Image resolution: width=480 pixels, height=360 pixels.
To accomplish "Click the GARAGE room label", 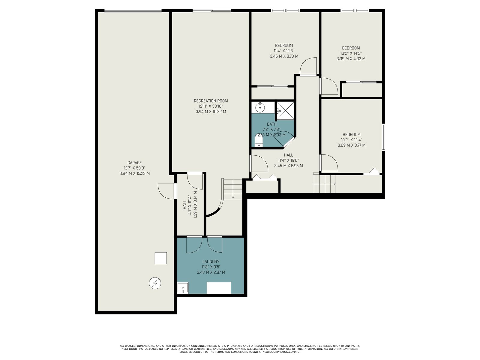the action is (134, 163).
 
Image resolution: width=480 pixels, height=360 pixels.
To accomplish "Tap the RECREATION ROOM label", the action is (211, 101).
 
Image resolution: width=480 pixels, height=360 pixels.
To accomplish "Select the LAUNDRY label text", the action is (211, 262).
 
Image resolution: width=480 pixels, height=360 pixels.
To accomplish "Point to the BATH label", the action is (271, 124).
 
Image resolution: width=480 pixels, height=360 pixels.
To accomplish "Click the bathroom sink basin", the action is (260, 107).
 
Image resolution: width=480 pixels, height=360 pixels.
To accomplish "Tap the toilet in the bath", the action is (259, 140).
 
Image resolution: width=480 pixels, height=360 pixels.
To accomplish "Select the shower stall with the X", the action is (286, 111).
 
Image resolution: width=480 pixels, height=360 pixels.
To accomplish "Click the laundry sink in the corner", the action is (183, 288).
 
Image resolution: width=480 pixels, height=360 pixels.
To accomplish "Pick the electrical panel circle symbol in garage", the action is (155, 283).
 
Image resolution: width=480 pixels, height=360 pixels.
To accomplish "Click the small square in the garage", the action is (161, 258).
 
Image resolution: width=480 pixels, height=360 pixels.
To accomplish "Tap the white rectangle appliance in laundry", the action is (219, 288).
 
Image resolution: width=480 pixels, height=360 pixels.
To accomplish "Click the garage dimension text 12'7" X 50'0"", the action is (134, 168).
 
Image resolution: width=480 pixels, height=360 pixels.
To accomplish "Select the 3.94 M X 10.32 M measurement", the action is (211, 112).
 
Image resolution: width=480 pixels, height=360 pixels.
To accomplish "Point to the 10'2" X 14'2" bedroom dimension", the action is (351, 53).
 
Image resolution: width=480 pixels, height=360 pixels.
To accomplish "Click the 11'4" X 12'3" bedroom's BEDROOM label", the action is (284, 46).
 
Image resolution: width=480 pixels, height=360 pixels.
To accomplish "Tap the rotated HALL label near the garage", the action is (184, 205).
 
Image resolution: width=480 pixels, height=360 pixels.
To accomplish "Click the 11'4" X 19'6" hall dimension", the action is (288, 160).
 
